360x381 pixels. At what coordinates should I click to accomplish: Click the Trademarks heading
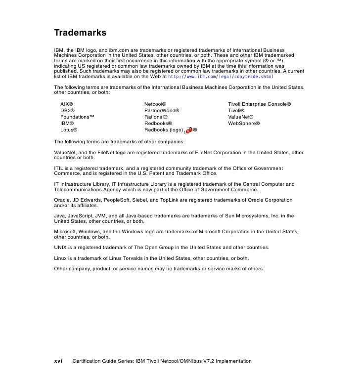click(80, 33)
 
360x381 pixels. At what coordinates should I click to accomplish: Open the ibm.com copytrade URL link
click(221, 78)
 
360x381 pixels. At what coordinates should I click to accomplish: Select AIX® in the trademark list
click(67, 105)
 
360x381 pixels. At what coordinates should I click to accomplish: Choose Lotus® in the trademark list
click(69, 129)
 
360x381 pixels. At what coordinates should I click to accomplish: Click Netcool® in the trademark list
click(157, 105)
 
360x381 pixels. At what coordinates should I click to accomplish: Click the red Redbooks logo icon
click(188, 130)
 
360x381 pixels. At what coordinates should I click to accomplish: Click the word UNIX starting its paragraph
click(61, 247)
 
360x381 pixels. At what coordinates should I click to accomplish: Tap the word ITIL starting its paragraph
click(59, 169)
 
